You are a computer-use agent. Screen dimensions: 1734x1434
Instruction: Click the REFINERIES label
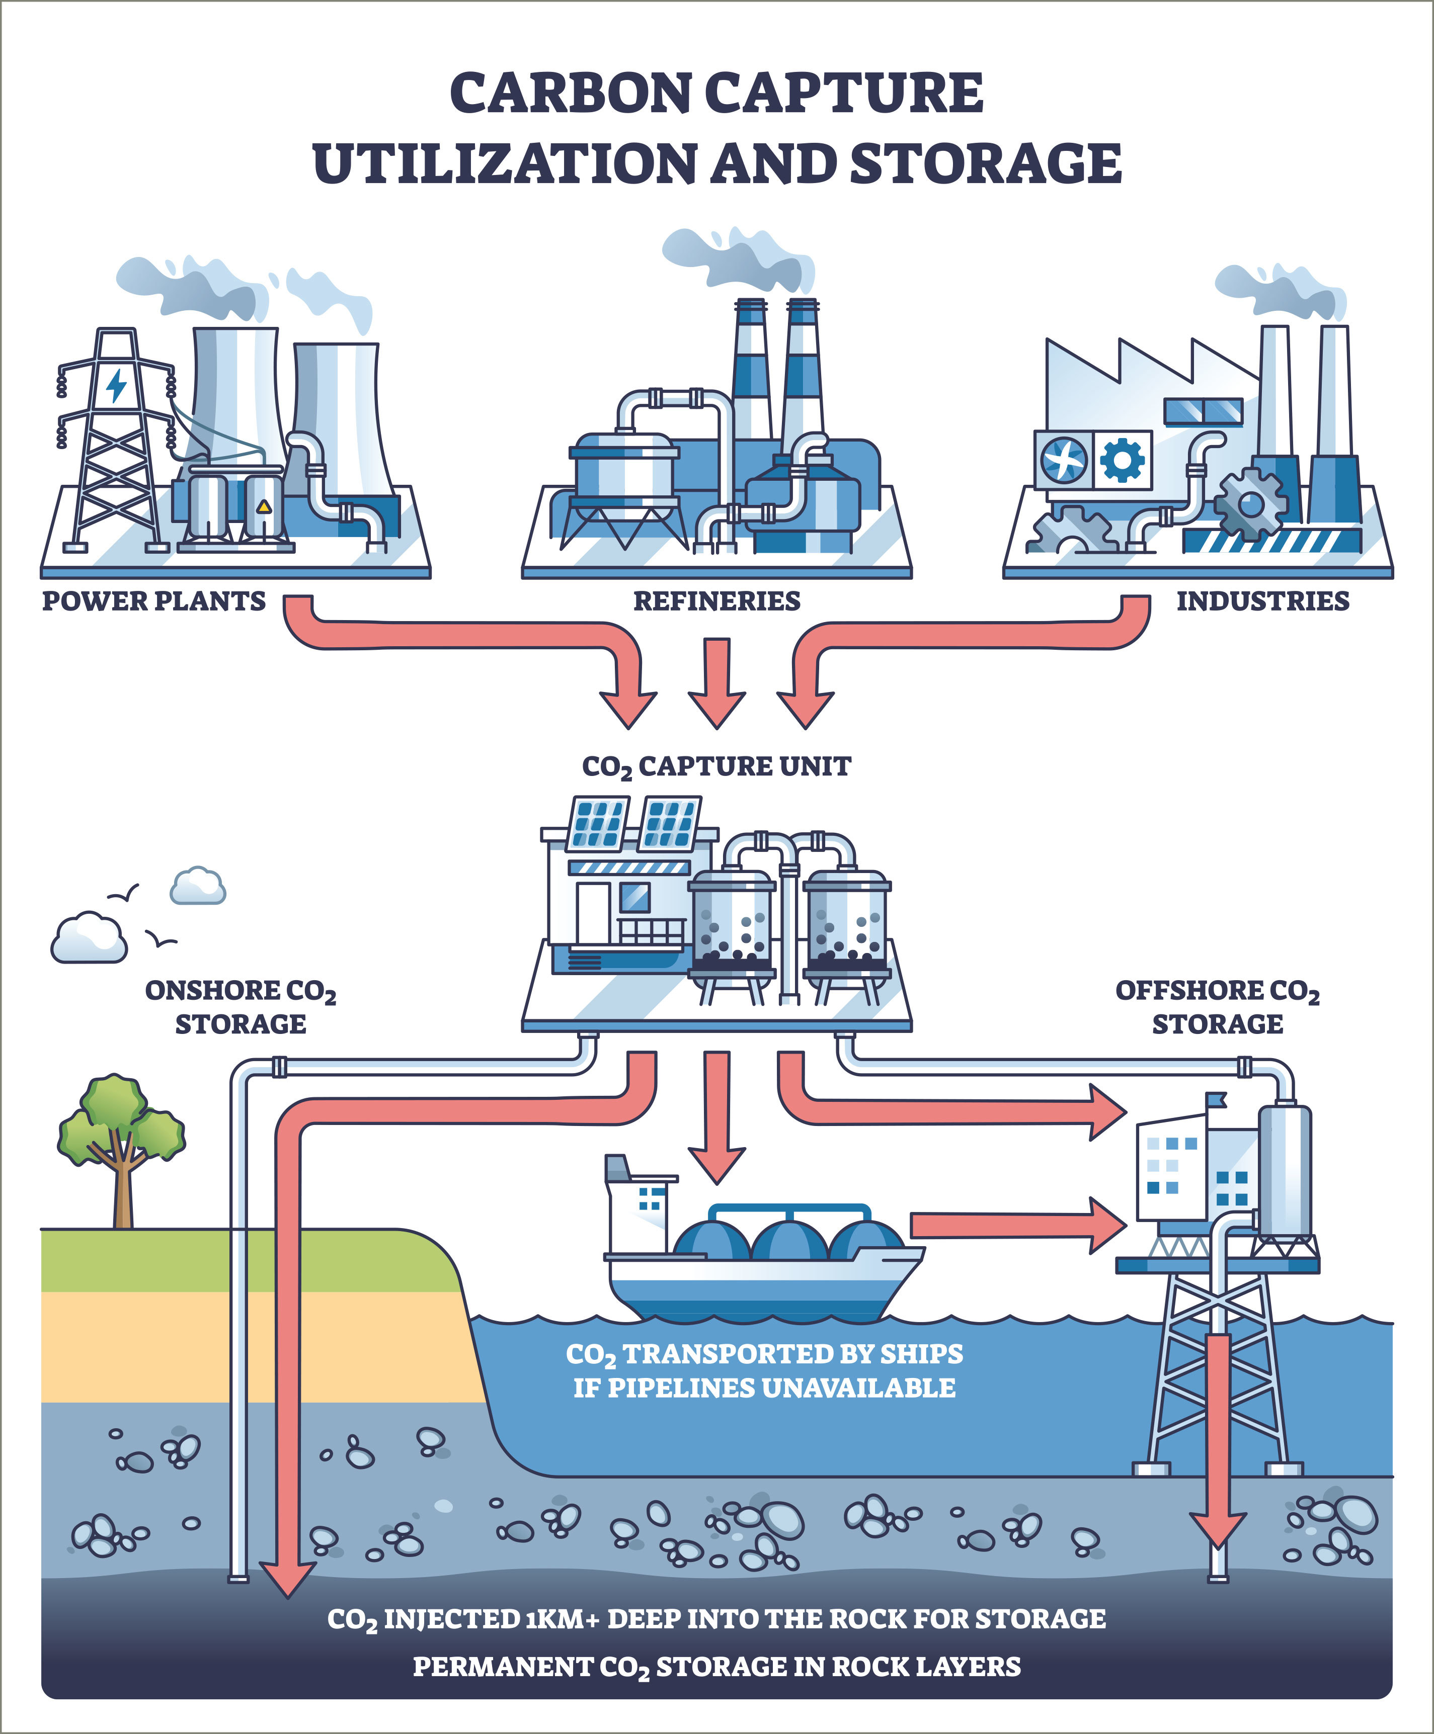pyautogui.click(x=716, y=601)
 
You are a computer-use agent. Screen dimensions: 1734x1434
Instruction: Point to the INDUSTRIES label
pyautogui.click(x=1262, y=601)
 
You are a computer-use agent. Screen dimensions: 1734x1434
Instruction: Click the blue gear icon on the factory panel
pyautogui.click(x=1124, y=460)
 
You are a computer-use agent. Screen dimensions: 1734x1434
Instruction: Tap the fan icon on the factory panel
pyautogui.click(x=1064, y=460)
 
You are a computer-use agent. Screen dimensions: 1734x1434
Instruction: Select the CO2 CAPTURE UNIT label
pyautogui.click(x=716, y=766)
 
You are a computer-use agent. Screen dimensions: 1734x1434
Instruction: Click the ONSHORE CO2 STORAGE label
pyautogui.click(x=241, y=1006)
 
